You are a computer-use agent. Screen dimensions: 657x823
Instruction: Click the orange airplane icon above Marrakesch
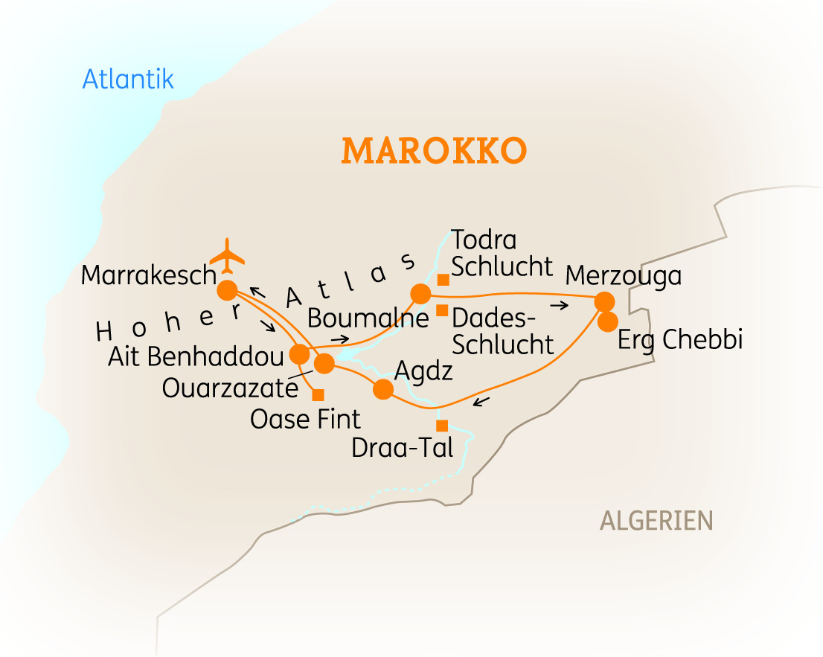[x=227, y=257]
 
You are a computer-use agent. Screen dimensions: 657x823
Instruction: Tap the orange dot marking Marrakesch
[x=227, y=289]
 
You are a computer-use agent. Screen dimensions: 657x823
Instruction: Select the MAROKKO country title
[x=434, y=151]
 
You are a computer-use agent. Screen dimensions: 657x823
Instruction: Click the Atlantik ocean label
[x=128, y=79]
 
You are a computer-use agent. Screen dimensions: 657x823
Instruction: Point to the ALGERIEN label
[x=656, y=521]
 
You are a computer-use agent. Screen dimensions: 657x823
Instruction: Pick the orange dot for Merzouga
[x=604, y=301]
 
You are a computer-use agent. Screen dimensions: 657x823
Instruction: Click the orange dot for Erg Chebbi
[x=608, y=321]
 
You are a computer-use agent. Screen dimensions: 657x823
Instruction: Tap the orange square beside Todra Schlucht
[x=443, y=280]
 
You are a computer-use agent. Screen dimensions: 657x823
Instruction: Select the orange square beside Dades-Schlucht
[x=442, y=310]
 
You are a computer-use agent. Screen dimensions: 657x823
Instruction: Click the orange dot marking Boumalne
[x=420, y=293]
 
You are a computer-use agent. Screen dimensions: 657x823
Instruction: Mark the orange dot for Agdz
[x=382, y=389]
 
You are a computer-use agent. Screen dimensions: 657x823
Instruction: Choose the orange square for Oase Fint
[x=318, y=394]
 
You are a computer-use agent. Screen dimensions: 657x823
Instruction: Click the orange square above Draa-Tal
[x=441, y=426]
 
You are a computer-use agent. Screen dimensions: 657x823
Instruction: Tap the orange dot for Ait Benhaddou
[x=299, y=354]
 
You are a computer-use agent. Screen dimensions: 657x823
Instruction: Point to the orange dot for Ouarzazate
[x=324, y=364]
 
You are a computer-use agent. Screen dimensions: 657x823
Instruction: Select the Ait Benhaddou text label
[x=196, y=356]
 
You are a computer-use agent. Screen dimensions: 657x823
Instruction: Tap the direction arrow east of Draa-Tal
[x=481, y=403]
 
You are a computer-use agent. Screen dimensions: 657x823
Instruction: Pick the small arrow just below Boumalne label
[x=340, y=339]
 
